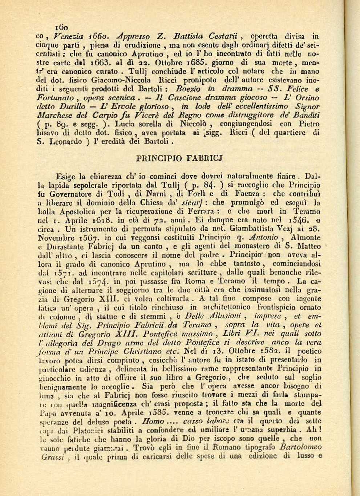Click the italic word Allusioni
pos(221,316)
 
